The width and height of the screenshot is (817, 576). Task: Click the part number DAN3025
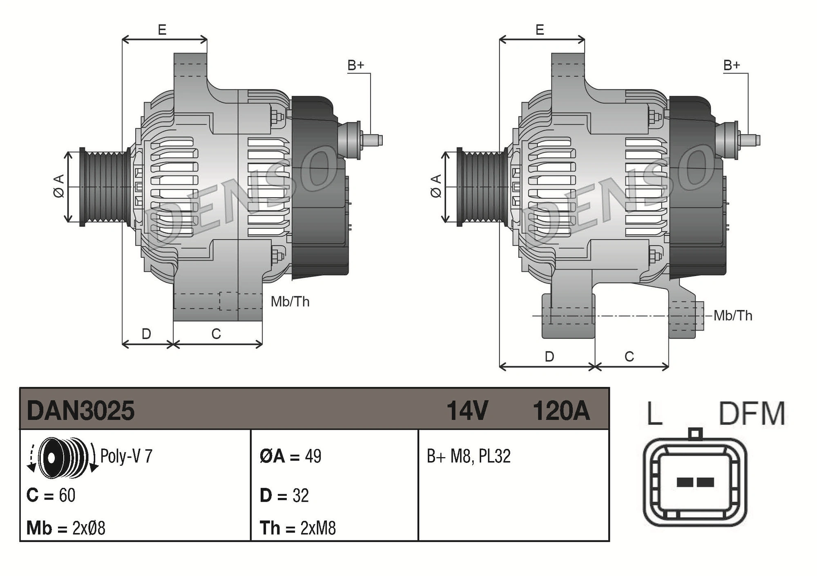pyautogui.click(x=80, y=411)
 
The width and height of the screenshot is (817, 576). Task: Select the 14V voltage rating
pyautogui.click(x=467, y=411)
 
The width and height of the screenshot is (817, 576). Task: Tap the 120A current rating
pyautogui.click(x=561, y=411)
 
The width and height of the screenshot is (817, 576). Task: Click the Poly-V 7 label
pyautogui.click(x=126, y=456)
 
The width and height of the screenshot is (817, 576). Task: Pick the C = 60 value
pyautogui.click(x=51, y=496)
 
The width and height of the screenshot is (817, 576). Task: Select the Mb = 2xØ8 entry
pyautogui.click(x=66, y=528)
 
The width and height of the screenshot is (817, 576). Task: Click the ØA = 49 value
pyautogui.click(x=290, y=456)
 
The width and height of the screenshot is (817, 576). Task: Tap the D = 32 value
pyautogui.click(x=284, y=496)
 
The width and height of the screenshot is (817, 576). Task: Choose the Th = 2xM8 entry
pyautogui.click(x=298, y=528)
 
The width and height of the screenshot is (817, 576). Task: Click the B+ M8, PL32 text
pyautogui.click(x=469, y=456)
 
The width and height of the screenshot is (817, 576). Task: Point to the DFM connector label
pyautogui.click(x=752, y=414)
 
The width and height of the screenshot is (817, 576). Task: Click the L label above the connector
pyautogui.click(x=654, y=414)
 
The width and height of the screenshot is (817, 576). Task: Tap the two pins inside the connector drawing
pyautogui.click(x=695, y=482)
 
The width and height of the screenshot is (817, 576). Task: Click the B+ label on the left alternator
pyautogui.click(x=355, y=65)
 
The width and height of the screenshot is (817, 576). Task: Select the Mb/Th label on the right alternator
pyautogui.click(x=733, y=316)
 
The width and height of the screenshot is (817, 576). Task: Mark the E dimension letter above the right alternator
pyautogui.click(x=540, y=30)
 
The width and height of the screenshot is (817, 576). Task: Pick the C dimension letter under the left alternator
pyautogui.click(x=216, y=334)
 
